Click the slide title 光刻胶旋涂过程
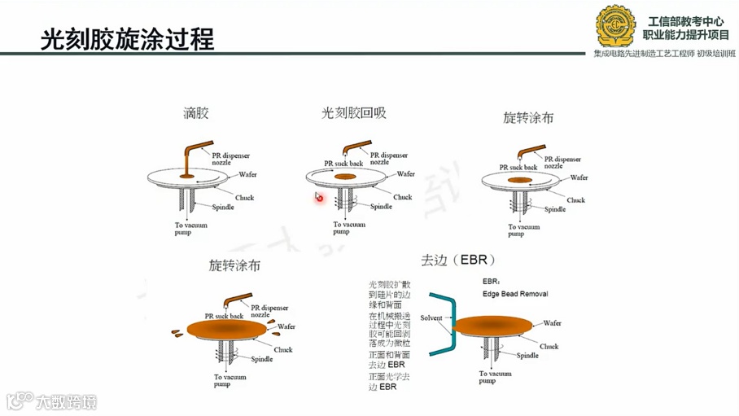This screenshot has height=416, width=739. (127, 38)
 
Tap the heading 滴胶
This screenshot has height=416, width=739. (195, 113)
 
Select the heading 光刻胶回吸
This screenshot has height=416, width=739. (353, 113)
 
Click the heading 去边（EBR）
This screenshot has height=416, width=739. (457, 261)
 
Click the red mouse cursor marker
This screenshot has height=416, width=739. (319, 197)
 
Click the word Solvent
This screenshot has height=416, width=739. (431, 317)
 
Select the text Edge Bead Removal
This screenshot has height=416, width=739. (514, 294)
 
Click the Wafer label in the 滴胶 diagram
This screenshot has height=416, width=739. (248, 174)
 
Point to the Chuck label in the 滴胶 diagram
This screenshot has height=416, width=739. (245, 197)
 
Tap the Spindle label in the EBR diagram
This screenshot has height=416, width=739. (527, 355)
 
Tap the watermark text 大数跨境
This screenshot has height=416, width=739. (64, 401)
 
